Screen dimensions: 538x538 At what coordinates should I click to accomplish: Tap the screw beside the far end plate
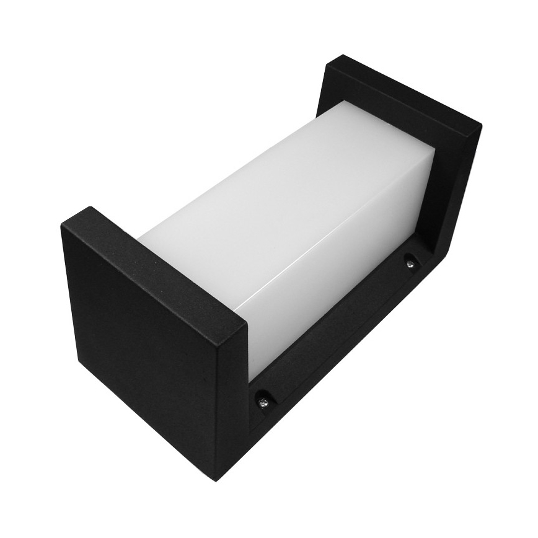pyautogui.click(x=410, y=263)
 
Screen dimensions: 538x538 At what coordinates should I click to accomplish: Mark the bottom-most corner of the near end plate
pyautogui.click(x=217, y=481)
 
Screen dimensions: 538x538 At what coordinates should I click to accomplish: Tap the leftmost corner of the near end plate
pyautogui.click(x=61, y=226)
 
